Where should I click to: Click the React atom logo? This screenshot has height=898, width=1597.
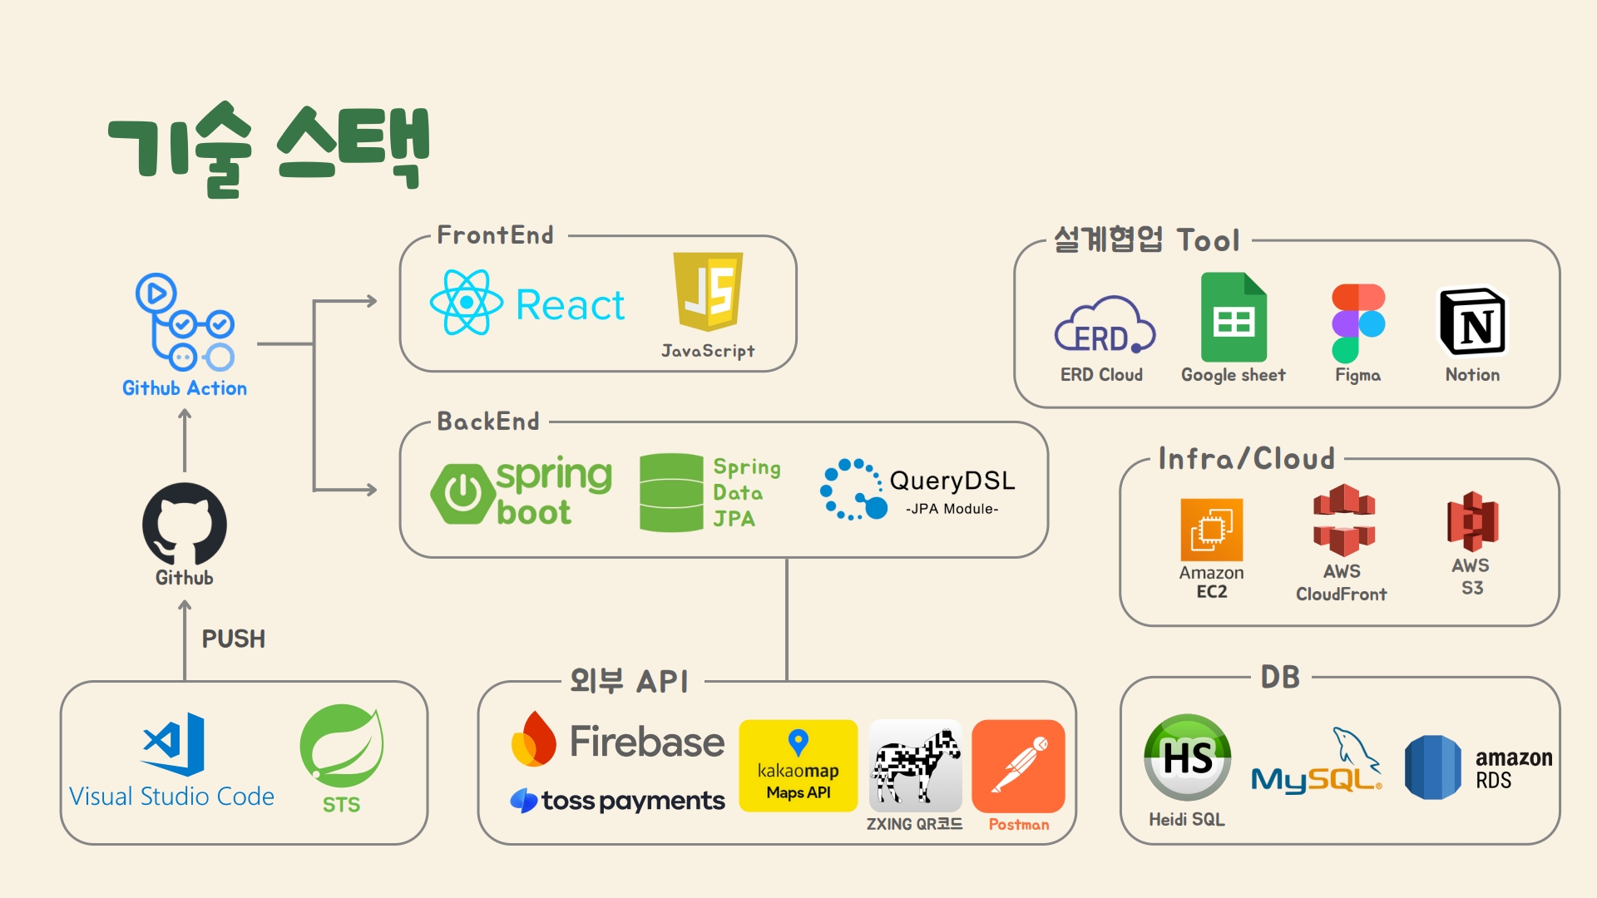pos(467,303)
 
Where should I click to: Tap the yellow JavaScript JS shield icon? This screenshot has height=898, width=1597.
pos(708,292)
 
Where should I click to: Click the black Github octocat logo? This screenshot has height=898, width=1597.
pos(185,525)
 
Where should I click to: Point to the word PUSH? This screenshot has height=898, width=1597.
pos(234,639)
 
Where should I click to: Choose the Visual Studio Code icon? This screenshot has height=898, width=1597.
pos(175,743)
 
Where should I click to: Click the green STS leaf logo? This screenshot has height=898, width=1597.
pos(341,746)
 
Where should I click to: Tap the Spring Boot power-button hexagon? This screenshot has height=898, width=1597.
pos(462,494)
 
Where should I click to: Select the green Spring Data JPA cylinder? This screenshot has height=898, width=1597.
pos(671,492)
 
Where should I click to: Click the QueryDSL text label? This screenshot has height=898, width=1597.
pos(952,481)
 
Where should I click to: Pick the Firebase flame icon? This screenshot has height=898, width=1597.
pos(534,739)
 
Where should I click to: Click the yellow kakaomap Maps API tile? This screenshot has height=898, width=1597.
pos(798,766)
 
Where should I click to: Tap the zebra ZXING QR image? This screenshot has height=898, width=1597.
pos(915,766)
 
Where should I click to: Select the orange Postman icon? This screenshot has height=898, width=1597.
pos(1018,766)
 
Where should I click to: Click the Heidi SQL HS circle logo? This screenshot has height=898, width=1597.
pos(1187,757)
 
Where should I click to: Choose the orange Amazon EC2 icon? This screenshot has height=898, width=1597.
pos(1211,530)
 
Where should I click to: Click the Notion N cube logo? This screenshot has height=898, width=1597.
pos(1472,323)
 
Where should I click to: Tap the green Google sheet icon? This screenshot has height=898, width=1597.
pos(1234,318)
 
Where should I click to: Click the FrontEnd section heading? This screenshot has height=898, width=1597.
pos(496,235)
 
